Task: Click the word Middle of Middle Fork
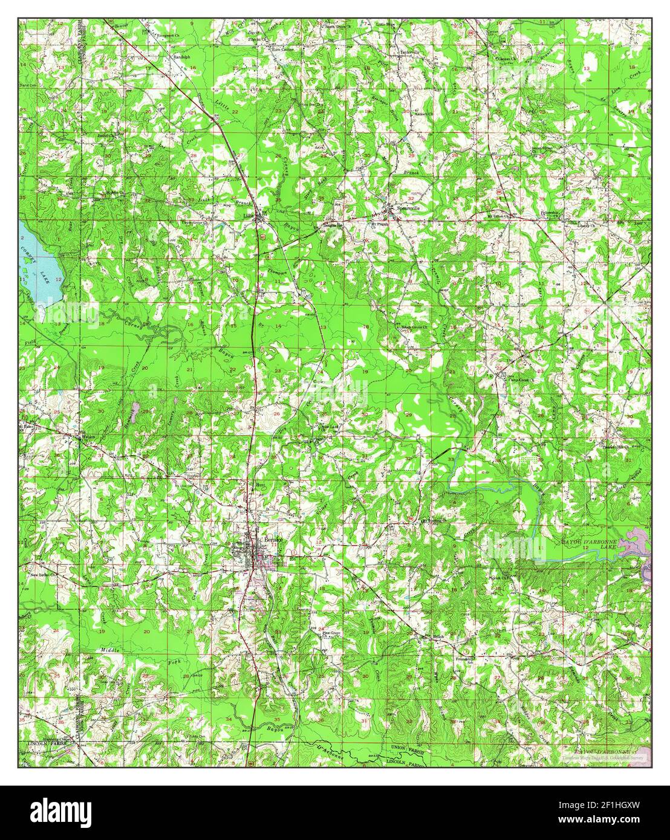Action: tap(109, 650)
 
